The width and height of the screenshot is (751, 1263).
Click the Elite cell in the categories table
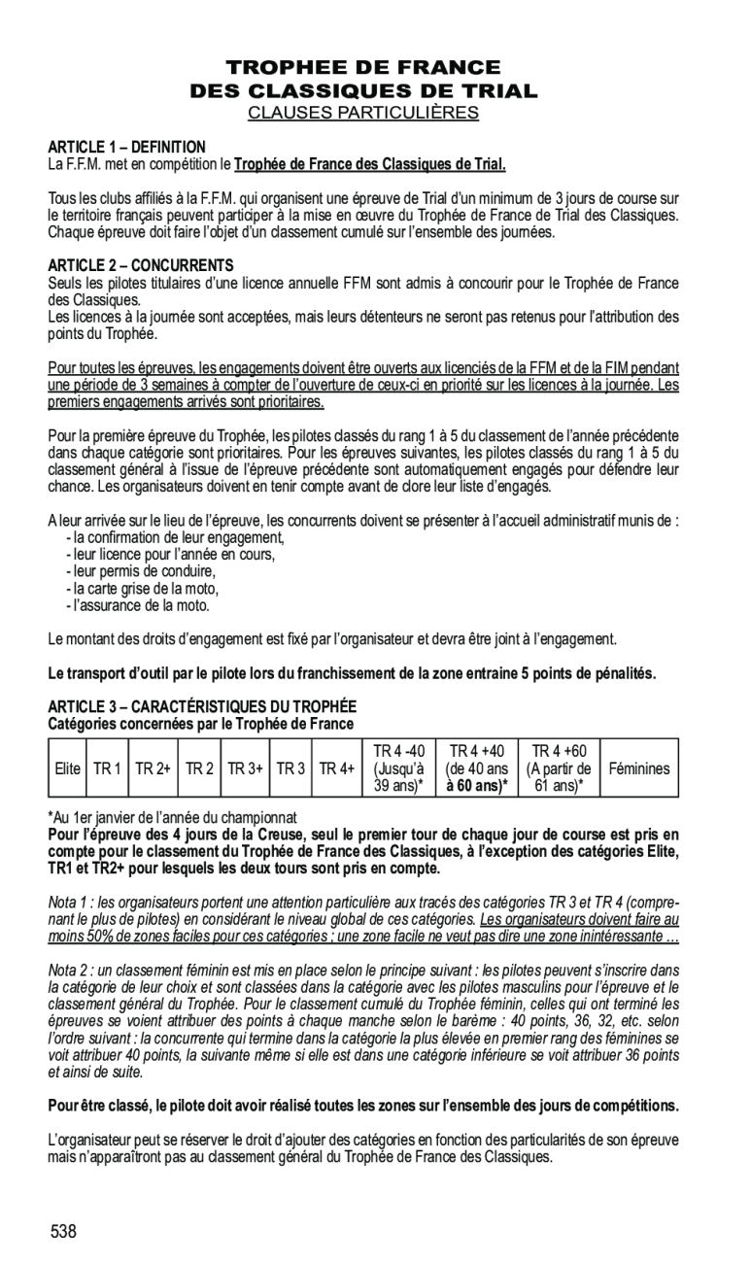tap(68, 768)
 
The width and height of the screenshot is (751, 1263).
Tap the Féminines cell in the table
tap(639, 768)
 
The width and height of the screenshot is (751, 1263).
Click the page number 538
tap(64, 1232)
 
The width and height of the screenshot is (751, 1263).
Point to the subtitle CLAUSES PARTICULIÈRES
tap(363, 113)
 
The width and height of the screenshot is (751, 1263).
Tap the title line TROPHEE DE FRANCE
tap(363, 68)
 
